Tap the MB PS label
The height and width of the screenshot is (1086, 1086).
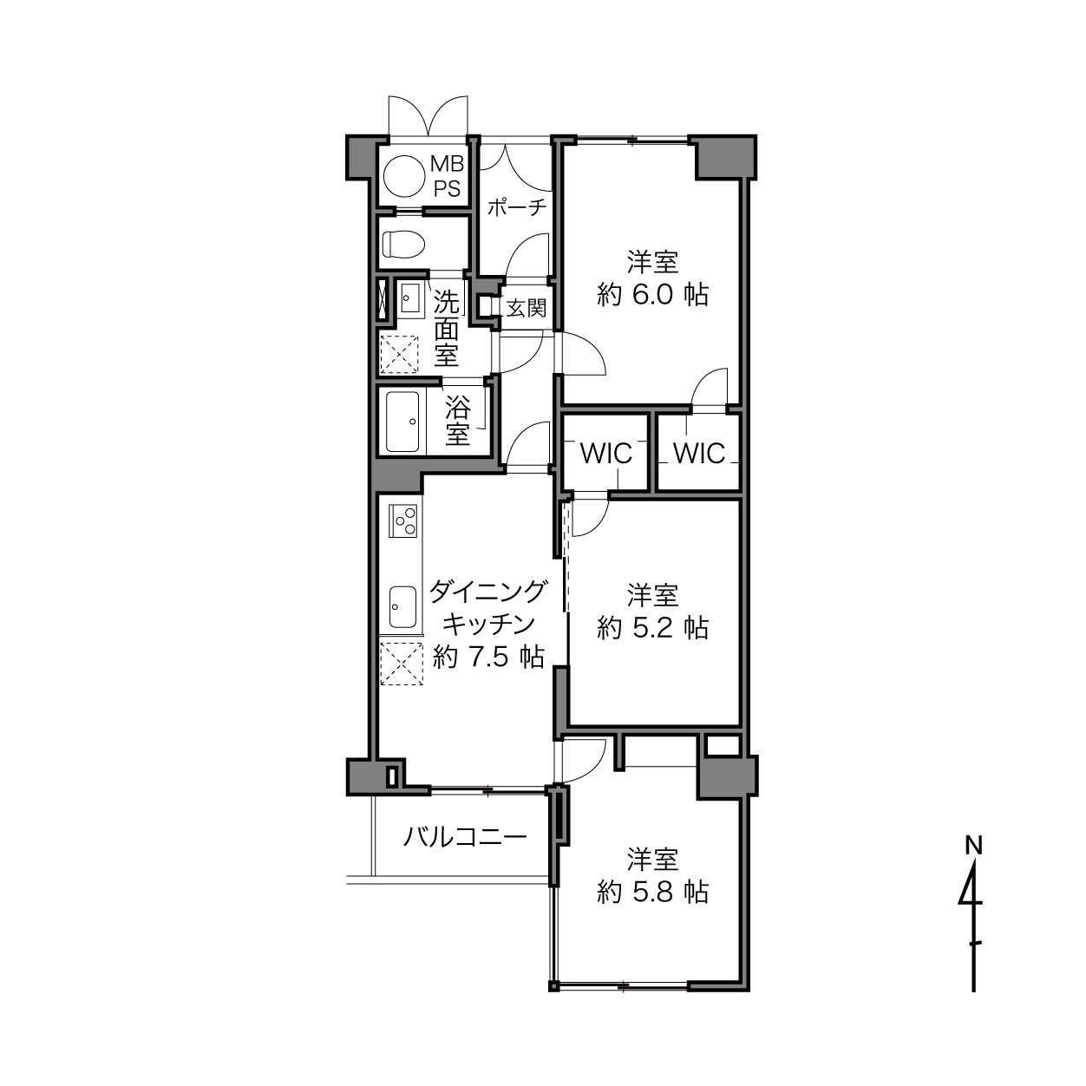pyautogui.click(x=448, y=176)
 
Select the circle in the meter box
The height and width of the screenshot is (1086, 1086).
pyautogui.click(x=404, y=176)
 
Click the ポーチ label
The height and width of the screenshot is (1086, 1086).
pyautogui.click(x=517, y=208)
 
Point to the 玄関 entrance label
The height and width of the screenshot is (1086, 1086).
pyautogui.click(x=526, y=308)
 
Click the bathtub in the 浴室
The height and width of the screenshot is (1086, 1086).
pyautogui.click(x=402, y=422)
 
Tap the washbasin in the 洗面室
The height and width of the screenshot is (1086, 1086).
pyautogui.click(x=410, y=298)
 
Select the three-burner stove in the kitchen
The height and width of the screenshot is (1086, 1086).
pyautogui.click(x=403, y=520)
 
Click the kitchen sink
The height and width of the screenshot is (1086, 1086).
pyautogui.click(x=402, y=607)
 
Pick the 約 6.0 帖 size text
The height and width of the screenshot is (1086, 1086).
pyautogui.click(x=652, y=295)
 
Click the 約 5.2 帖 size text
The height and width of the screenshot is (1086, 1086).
pyautogui.click(x=652, y=628)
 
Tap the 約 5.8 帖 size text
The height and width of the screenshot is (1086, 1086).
pyautogui.click(x=652, y=892)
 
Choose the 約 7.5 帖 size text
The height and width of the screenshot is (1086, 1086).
pyautogui.click(x=488, y=657)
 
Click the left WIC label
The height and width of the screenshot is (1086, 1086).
pyautogui.click(x=606, y=453)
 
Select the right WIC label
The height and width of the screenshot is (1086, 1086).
pyautogui.click(x=699, y=453)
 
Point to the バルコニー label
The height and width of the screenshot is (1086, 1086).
pyautogui.click(x=465, y=837)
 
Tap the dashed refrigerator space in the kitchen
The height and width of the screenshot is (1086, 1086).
pyautogui.click(x=402, y=664)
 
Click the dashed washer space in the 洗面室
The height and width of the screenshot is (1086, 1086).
pyautogui.click(x=400, y=355)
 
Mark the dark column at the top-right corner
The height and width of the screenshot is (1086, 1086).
pyautogui.click(x=725, y=157)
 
